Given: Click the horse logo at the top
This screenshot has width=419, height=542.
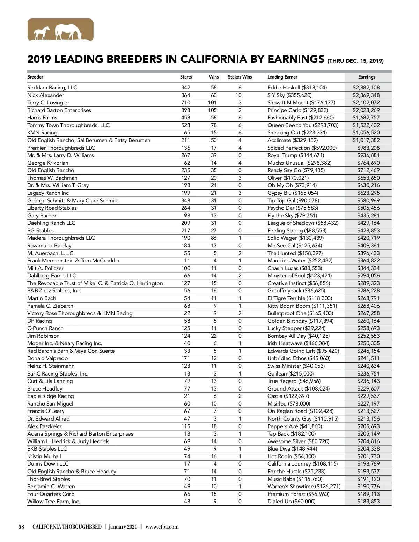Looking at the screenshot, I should point(60,30).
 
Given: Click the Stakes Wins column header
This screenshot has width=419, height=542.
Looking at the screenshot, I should point(240,77).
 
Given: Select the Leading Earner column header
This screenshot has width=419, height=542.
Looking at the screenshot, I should point(282,77).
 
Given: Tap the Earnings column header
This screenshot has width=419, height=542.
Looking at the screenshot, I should point(367,77).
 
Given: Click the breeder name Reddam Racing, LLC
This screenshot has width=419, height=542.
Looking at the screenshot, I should point(52,88).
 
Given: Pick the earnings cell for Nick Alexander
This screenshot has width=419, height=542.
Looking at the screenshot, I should point(366,95).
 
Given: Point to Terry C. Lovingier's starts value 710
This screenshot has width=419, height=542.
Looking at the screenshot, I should point(185,103).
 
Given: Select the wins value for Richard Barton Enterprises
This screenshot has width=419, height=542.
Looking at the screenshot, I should point(212,110).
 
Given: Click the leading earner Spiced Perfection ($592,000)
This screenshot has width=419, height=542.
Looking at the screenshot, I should point(302,148).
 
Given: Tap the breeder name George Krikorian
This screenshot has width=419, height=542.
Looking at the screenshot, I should point(48,163).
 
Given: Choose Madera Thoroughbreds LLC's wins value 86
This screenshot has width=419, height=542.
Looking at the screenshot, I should point(214,238).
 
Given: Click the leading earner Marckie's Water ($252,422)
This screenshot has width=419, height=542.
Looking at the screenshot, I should point(300,261).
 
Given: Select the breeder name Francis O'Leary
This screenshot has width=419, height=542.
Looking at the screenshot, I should point(46,411).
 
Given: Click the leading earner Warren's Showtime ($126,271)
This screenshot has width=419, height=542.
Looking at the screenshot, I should point(304,487).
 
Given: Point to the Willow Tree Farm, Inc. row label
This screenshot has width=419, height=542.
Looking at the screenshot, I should point(54,502).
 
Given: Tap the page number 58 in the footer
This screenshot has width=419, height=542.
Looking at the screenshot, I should point(22,527).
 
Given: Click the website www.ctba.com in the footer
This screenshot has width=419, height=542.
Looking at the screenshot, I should point(162,527).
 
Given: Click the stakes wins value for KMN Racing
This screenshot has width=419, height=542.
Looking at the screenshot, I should point(240,133).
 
